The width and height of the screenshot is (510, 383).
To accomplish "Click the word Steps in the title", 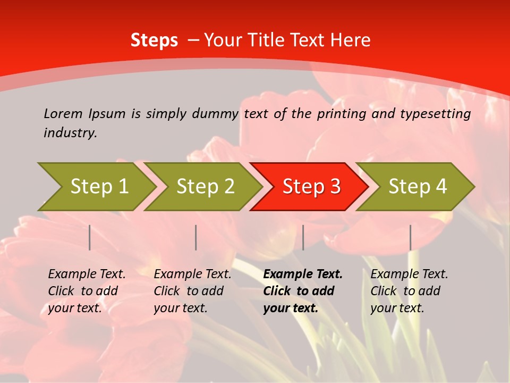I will pyautogui.click(x=154, y=40).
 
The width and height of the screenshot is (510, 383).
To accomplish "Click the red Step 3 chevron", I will pyautogui.click(x=311, y=187).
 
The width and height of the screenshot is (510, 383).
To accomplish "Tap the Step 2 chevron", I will pyautogui.click(x=205, y=187).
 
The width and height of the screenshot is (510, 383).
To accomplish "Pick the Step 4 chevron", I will pyautogui.click(x=417, y=187).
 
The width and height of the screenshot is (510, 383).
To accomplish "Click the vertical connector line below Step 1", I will pyautogui.click(x=90, y=237).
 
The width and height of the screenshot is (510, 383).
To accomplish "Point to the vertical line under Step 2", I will pyautogui.click(x=196, y=237).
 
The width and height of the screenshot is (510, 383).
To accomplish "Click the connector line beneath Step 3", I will pyautogui.click(x=303, y=237).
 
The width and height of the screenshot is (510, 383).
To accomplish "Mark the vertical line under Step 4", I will pyautogui.click(x=410, y=237).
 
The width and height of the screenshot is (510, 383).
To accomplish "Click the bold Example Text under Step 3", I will pyautogui.click(x=303, y=291).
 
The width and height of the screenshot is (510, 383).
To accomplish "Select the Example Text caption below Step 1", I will pyautogui.click(x=87, y=291).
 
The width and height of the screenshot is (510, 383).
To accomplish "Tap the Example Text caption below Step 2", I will pyautogui.click(x=192, y=291).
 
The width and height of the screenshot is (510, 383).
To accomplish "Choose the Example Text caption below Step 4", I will pyautogui.click(x=409, y=291).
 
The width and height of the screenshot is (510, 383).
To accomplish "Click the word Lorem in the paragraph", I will pyautogui.click(x=63, y=113).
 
